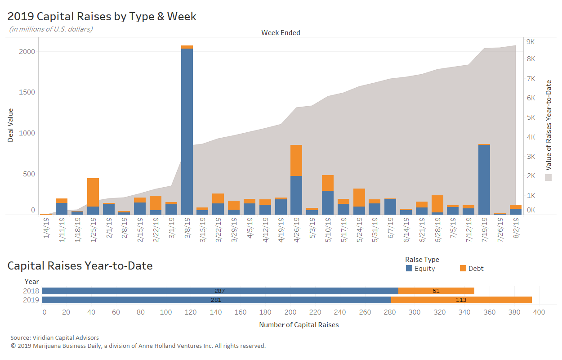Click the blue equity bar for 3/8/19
point(187,131)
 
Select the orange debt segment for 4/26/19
point(296,160)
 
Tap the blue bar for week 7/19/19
point(484,180)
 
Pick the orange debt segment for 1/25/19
point(93,192)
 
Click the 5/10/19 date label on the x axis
point(328,229)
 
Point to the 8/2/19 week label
point(516,228)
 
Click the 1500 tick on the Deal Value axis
point(27,92)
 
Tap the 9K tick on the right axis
point(531,42)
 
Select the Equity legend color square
point(409,268)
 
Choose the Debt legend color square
point(463,268)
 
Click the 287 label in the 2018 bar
point(219,291)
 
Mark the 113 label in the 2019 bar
point(461,300)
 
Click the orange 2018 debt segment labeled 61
point(436,291)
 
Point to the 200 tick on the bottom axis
point(290,312)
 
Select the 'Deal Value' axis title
point(10,125)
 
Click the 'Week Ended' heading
point(281,33)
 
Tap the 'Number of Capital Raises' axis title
point(299,325)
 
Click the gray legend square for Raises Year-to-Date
point(548,177)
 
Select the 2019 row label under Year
point(31,300)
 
